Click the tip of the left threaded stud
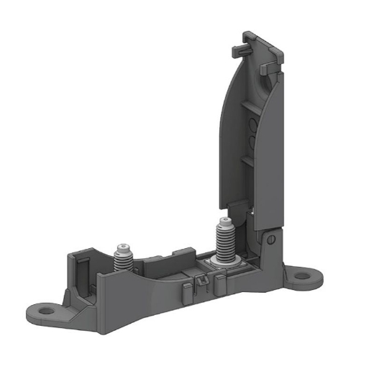tap(124, 246)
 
